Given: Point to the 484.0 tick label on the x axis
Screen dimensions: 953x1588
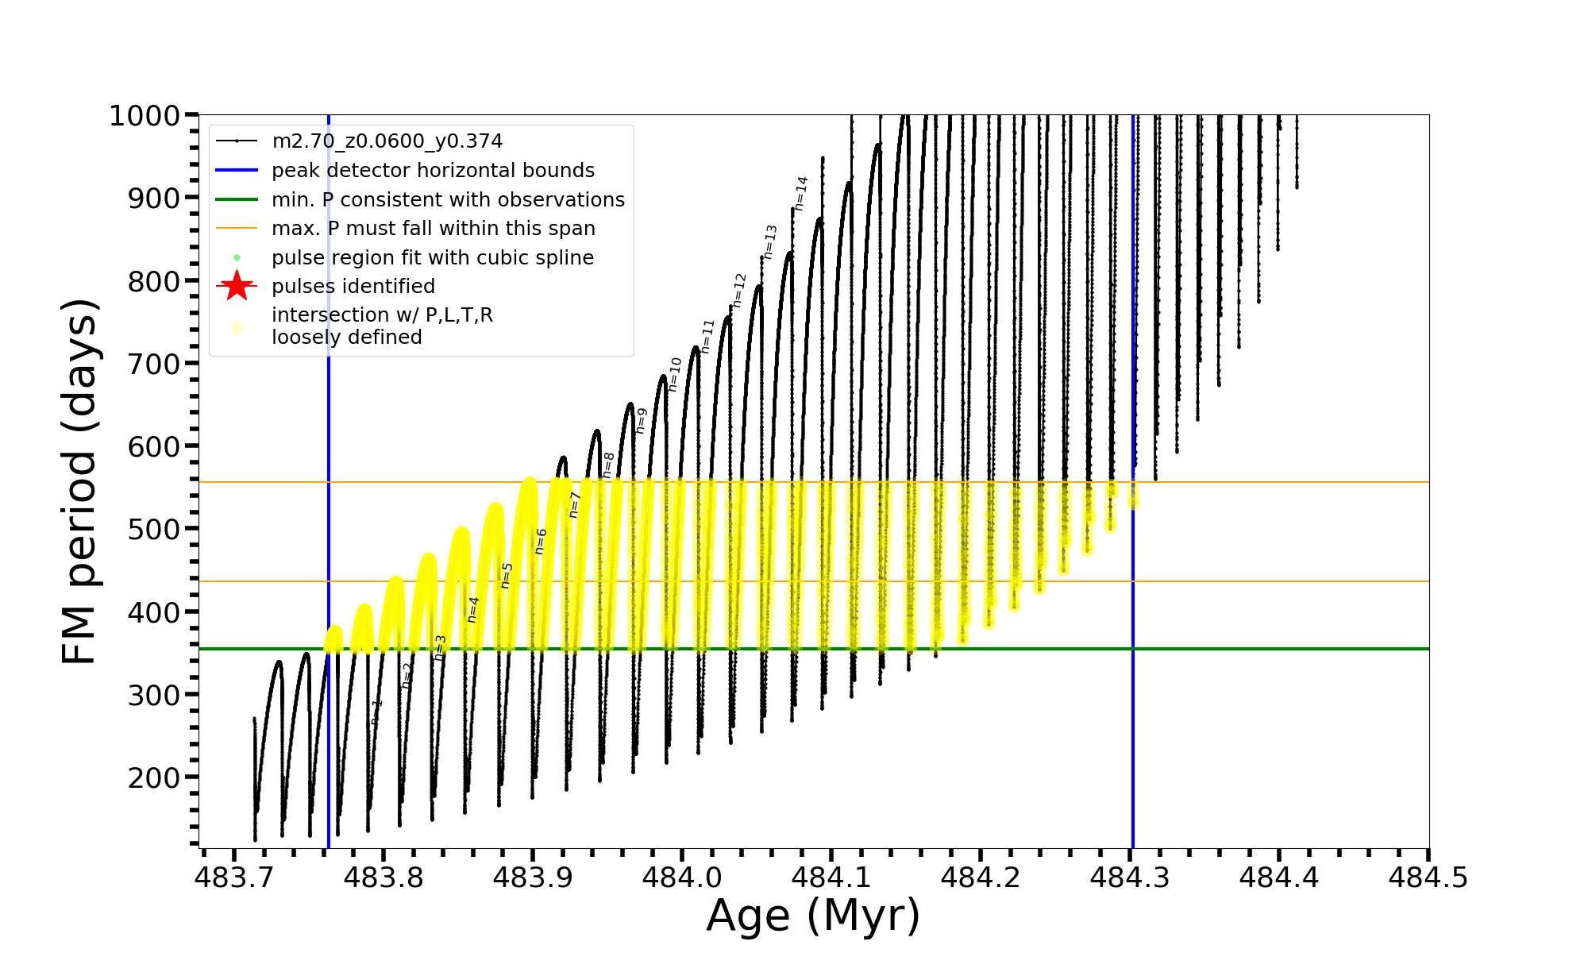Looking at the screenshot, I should coord(681,878).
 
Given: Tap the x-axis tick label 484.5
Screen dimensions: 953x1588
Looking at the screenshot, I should coord(1428,878).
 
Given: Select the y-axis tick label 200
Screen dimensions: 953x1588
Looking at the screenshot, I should coord(154,777).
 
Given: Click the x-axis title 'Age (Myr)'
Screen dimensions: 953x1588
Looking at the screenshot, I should coord(813,916).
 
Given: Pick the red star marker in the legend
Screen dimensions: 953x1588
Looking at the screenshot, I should coord(237,286).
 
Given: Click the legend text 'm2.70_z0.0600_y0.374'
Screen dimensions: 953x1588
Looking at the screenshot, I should coord(387,141).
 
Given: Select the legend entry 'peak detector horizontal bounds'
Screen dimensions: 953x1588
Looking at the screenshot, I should coord(433,171).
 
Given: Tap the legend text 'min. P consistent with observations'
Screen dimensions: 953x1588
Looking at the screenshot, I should coord(448,199).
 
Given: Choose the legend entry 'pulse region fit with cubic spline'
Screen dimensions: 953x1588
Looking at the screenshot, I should coord(432,258).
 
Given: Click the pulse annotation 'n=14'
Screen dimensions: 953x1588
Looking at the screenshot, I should coord(801,193).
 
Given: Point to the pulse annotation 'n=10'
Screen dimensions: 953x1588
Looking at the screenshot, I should coord(675,374).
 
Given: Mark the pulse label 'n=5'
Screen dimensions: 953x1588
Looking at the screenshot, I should coord(507,575).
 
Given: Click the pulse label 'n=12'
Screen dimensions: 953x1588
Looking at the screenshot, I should coord(739,290).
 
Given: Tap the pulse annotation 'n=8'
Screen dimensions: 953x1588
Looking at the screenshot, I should coord(608,465).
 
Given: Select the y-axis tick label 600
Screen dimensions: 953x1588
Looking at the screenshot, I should coord(154,446).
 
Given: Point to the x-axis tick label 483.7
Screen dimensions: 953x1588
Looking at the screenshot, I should coord(233,878).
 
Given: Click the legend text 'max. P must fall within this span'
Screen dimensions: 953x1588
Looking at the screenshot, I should coord(433,229).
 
